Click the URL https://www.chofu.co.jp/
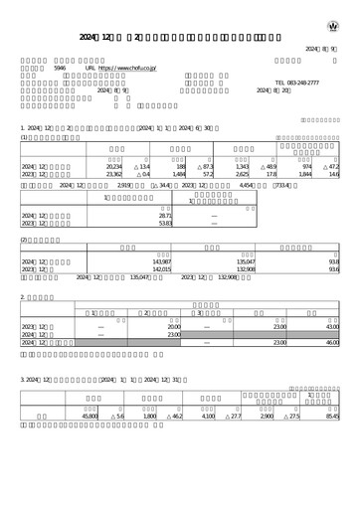tap(128, 69)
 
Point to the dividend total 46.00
tap(329, 343)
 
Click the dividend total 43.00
tap(329, 325)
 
